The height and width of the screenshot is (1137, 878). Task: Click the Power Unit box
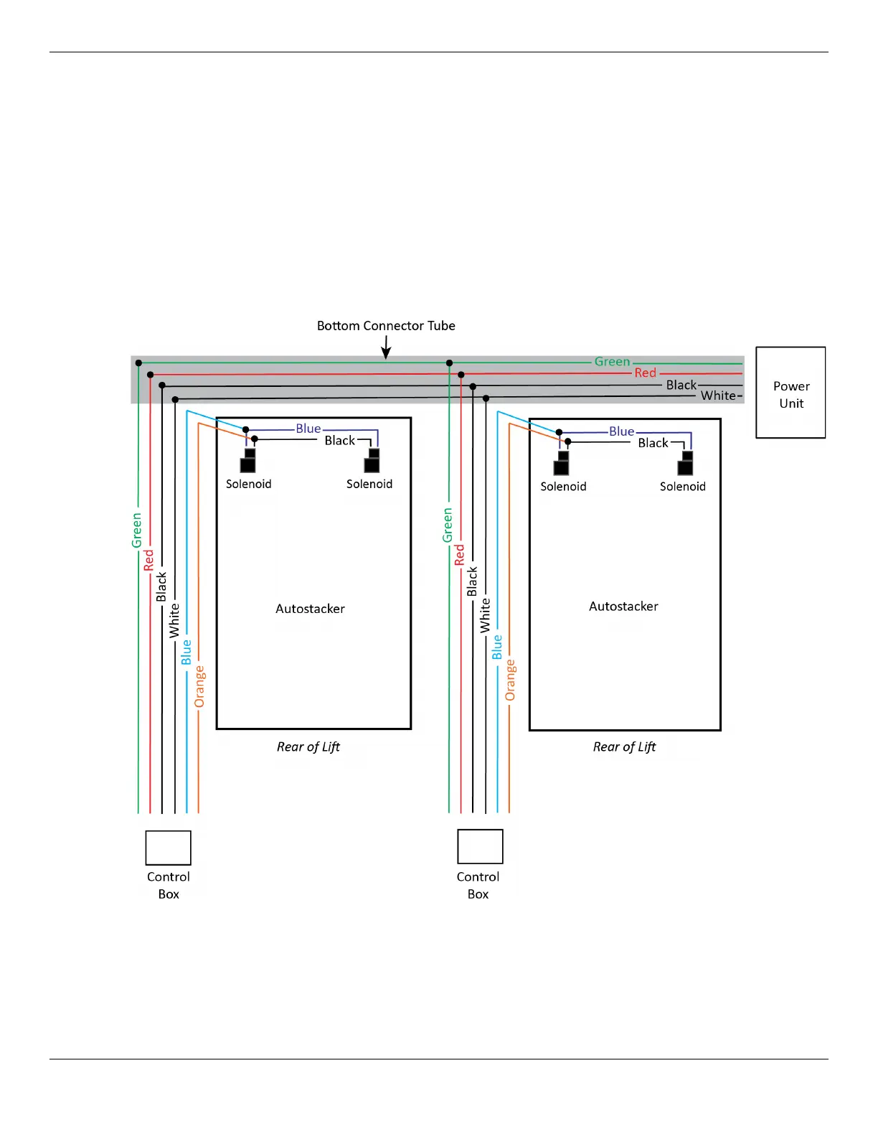tap(790, 393)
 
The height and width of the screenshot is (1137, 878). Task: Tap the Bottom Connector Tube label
tap(386, 326)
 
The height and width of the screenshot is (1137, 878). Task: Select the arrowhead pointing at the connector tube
tap(386, 353)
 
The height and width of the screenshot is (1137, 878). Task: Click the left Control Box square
tap(169, 848)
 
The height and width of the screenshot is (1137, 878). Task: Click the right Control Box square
tap(480, 846)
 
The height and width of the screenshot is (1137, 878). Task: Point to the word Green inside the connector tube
tap(612, 362)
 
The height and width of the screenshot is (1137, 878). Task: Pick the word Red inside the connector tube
tap(645, 373)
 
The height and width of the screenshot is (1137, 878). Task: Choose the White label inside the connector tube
tap(718, 396)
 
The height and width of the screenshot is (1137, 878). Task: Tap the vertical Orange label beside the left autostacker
tap(199, 686)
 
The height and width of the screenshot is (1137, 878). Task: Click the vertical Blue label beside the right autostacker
tap(497, 647)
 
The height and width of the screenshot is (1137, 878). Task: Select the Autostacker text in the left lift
tap(310, 609)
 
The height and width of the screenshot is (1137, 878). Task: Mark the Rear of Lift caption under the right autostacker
tap(624, 747)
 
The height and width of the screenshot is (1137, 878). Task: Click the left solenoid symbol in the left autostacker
tap(248, 461)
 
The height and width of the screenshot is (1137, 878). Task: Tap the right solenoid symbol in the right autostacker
tap(686, 463)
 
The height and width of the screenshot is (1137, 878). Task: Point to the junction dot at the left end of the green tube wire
tap(138, 363)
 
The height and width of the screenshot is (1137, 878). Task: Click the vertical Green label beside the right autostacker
tap(448, 525)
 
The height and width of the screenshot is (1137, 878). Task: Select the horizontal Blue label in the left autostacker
tap(308, 429)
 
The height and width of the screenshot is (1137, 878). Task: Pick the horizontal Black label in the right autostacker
tap(653, 443)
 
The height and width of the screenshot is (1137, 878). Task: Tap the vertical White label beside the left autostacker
tap(174, 621)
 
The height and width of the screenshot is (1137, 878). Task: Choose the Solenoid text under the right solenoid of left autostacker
tap(369, 484)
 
